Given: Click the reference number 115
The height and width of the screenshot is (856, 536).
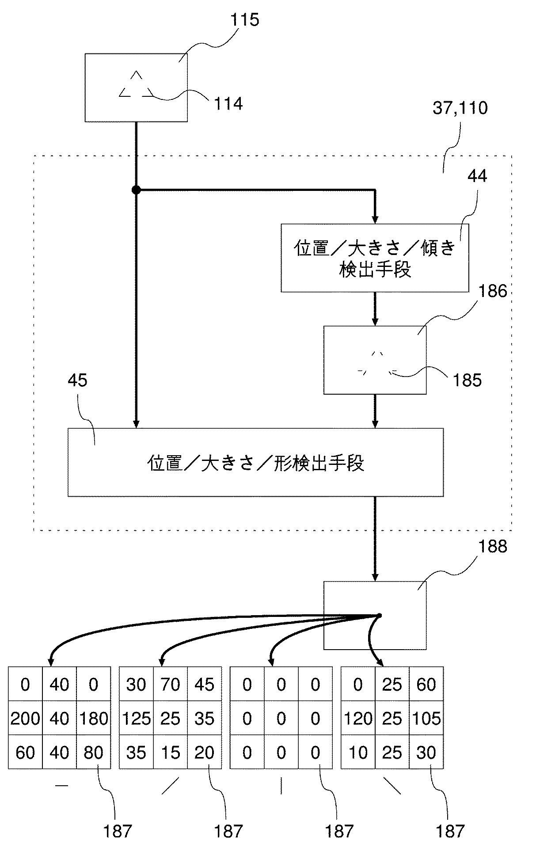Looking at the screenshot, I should [244, 20].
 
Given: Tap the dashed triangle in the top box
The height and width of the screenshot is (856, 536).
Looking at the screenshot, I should [136, 85].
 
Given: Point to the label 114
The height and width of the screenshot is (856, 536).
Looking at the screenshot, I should [228, 104].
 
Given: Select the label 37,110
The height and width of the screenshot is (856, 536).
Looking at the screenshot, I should [460, 108].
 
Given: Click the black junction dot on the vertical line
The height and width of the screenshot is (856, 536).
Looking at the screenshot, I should [136, 190].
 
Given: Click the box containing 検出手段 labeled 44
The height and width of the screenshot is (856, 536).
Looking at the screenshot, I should [374, 258].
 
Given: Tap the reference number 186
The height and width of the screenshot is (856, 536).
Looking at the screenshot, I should [492, 292].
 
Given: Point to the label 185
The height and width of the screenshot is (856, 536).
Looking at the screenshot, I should [467, 380].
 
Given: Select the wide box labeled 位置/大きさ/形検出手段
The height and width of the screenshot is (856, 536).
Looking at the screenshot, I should [255, 462].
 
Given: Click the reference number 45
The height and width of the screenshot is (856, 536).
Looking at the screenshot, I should [78, 380].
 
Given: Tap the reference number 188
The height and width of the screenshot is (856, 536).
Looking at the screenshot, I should [492, 547].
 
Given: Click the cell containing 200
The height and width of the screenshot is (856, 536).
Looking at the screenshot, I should [25, 719].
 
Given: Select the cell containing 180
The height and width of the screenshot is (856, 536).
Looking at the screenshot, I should [94, 719].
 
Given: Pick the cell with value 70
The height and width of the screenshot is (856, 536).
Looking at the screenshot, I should [170, 685].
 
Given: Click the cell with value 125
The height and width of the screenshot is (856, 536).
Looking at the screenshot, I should [136, 719].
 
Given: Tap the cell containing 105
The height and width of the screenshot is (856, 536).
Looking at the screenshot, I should [426, 719].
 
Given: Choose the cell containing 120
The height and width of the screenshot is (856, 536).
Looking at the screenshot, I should [358, 719].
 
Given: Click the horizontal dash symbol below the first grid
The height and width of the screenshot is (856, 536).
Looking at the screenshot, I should [61, 785].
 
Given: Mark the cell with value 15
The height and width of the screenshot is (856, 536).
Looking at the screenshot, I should [170, 753].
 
